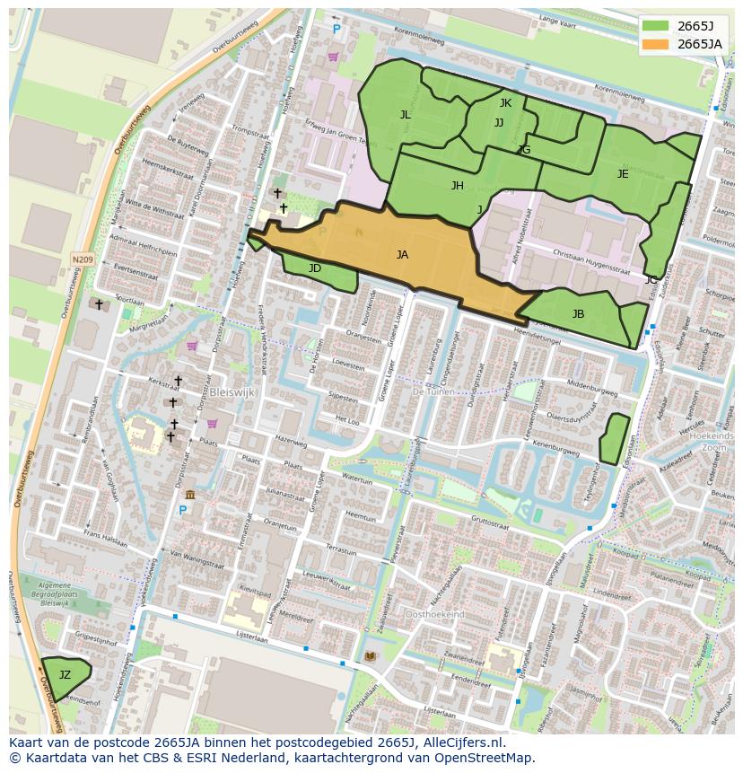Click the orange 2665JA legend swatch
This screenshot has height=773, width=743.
click(655, 44)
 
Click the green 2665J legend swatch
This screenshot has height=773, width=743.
click(655, 25)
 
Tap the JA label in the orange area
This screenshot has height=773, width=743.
click(402, 255)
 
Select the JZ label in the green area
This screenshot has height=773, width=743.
click(65, 674)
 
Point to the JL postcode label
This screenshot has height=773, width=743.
click(406, 114)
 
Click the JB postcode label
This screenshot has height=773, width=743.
click(578, 314)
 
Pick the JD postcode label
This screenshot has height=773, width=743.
click(315, 268)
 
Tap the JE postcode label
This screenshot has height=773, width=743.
click(623, 174)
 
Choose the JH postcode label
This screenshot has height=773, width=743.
click(458, 186)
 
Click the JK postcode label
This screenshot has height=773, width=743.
click(505, 103)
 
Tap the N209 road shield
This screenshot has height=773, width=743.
click(83, 259)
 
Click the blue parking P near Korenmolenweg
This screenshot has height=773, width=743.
click(337, 30)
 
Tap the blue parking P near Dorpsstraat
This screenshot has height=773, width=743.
click(182, 511)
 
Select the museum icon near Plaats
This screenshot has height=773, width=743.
click(190, 495)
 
